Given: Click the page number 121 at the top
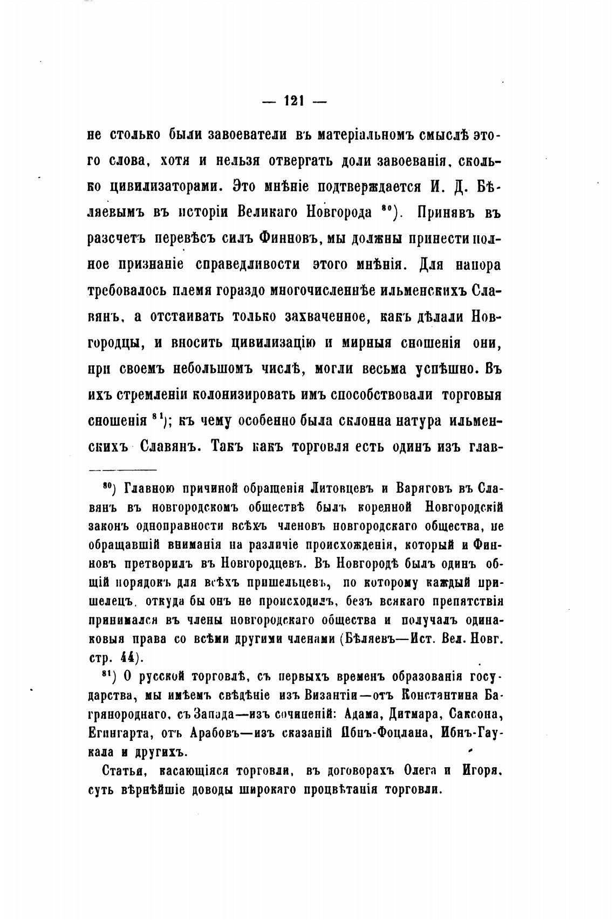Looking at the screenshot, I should pyautogui.click(x=295, y=100).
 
